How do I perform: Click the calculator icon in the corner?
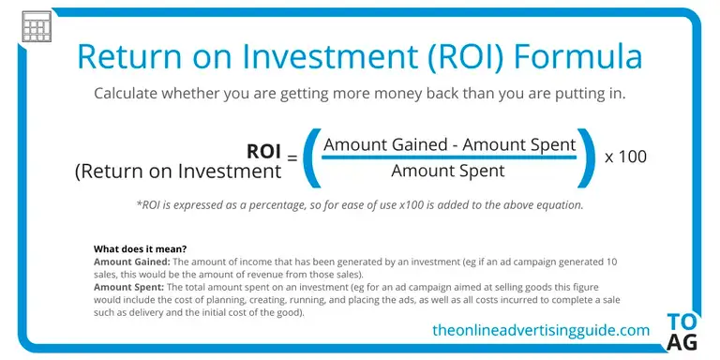click(37, 26)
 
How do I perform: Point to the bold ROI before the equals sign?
click(263, 152)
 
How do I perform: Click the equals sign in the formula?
click(292, 158)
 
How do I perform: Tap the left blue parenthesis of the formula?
click(312, 157)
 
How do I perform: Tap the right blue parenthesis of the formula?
click(586, 157)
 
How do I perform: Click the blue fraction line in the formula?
click(449, 157)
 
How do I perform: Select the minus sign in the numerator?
click(455, 146)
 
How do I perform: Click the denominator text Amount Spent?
click(448, 171)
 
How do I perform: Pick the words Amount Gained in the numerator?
click(385, 144)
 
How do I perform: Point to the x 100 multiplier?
click(625, 157)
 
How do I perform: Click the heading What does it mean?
click(140, 249)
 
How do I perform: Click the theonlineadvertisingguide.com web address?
click(541, 330)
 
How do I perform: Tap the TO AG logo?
click(682, 333)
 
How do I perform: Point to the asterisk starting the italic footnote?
click(139, 203)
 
